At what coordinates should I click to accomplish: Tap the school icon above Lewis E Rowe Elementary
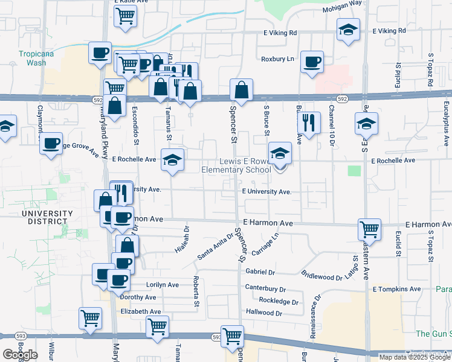[280, 153]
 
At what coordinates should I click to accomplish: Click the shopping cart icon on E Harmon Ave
[369, 229]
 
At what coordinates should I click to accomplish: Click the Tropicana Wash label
[32, 58]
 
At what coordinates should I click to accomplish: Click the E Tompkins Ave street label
[396, 290]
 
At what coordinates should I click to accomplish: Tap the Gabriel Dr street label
[260, 272]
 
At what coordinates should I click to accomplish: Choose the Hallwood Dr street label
[264, 313]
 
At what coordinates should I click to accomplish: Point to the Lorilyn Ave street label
[163, 284]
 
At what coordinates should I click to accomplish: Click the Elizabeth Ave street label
[141, 311]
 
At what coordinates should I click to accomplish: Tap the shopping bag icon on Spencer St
[241, 91]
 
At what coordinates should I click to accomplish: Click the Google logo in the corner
[20, 355]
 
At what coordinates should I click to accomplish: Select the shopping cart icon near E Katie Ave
[125, 16]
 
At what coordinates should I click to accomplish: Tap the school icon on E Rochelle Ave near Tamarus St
[173, 160]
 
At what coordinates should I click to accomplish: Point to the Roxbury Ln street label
[277, 59]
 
